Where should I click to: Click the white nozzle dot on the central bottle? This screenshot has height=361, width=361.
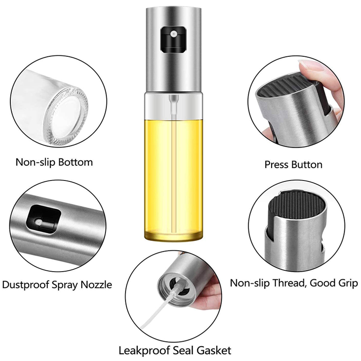tap(173, 34)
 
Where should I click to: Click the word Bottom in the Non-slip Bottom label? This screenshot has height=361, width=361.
tap(75, 162)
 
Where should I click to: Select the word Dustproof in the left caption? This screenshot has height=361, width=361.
tap(26, 285)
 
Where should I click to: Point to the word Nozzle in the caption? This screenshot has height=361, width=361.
tap(96, 285)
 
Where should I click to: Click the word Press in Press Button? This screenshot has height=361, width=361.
tap(277, 165)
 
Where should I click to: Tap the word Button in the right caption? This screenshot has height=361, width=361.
tap(307, 165)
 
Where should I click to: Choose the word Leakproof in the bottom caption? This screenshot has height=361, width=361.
tap(144, 351)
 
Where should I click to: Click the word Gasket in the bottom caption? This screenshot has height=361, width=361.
tap(214, 351)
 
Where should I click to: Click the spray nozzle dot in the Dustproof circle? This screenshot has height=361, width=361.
tap(38, 222)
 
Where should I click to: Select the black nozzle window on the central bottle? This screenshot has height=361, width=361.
tap(173, 39)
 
